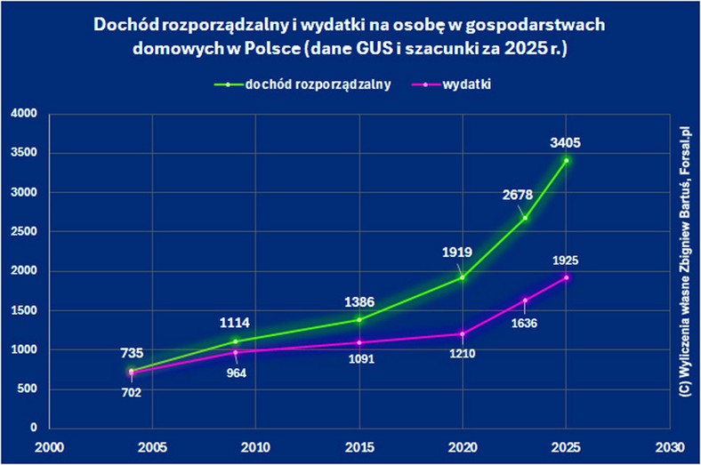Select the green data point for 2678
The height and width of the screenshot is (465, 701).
(x=525, y=218)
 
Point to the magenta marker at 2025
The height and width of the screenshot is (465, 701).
(x=566, y=277)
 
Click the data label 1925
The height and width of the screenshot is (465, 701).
(x=566, y=261)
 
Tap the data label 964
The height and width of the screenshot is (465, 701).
(x=236, y=373)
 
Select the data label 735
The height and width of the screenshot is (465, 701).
(x=132, y=353)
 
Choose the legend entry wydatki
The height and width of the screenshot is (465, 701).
(x=468, y=84)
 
